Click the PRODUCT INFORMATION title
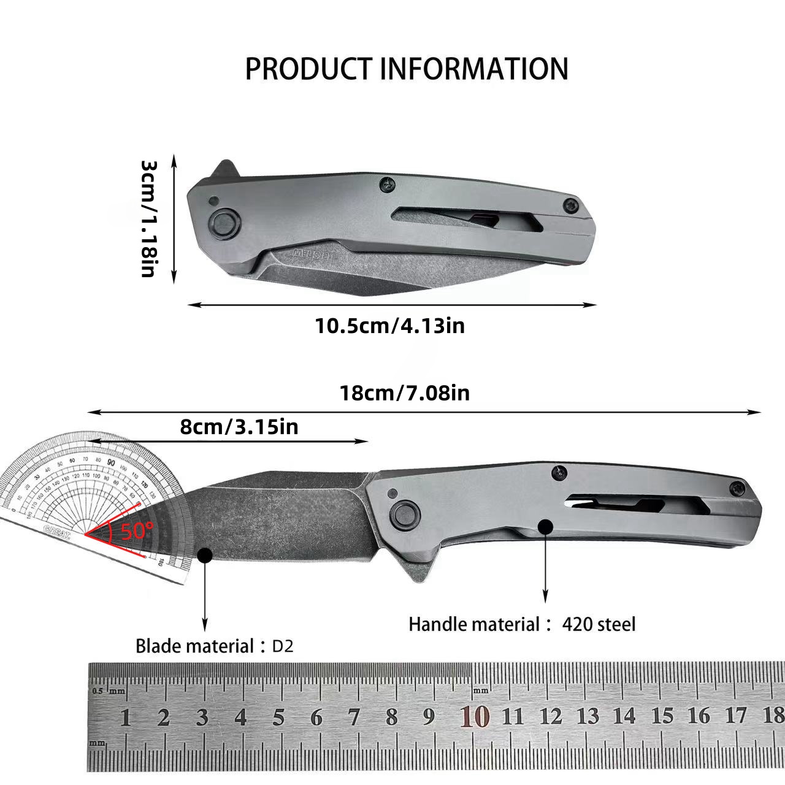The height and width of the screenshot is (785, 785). point(407,69)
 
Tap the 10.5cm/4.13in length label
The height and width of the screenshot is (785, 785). point(390,325)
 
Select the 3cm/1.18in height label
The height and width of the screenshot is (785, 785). point(149,219)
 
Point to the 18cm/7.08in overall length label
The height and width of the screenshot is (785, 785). point(405,392)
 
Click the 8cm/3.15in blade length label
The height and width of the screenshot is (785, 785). point(239,427)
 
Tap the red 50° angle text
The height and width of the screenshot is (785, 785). point(137,530)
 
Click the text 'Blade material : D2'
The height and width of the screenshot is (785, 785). point(214,646)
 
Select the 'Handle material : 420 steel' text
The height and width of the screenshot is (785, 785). point(522,624)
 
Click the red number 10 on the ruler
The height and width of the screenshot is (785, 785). point(475,716)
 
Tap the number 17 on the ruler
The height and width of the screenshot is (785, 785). point(736,716)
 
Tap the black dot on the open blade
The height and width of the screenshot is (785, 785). point(205,555)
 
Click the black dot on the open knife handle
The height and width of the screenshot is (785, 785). point(545,526)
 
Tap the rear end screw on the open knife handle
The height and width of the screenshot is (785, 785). point(737,488)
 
